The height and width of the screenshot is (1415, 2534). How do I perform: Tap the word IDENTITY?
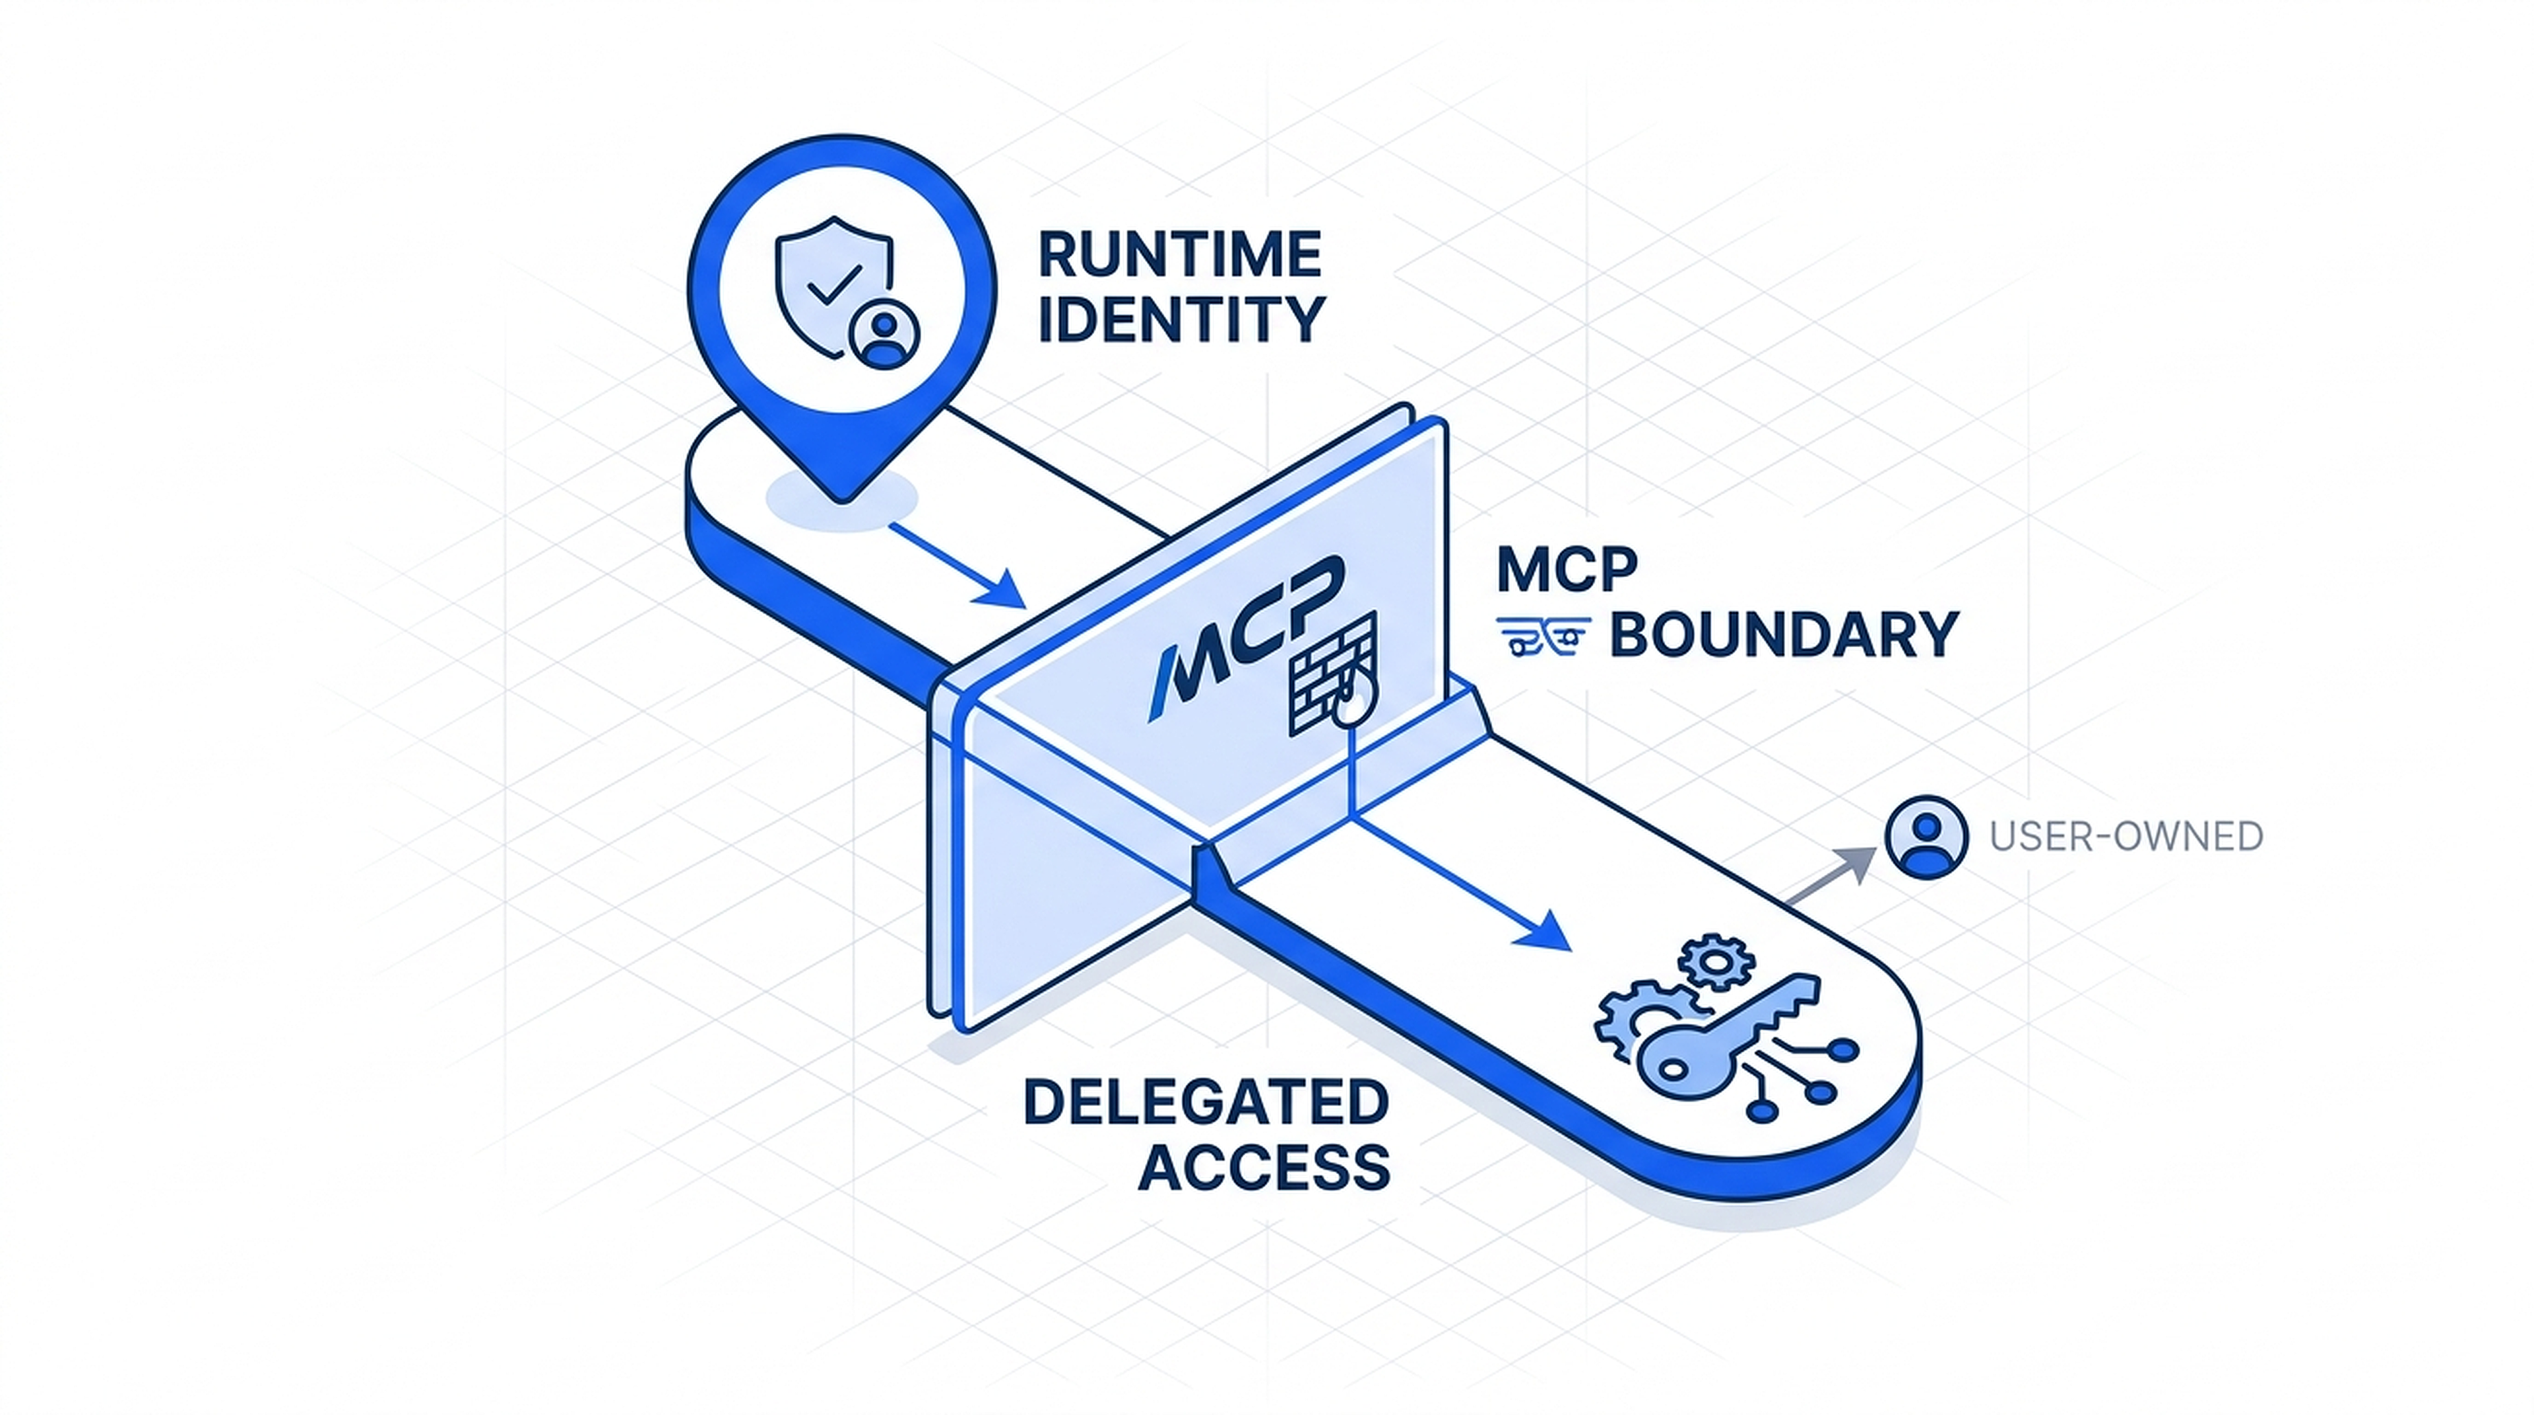point(1181,320)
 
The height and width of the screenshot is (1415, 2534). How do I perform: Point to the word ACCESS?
point(1264,1168)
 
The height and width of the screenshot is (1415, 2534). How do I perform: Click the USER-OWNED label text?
point(2125,837)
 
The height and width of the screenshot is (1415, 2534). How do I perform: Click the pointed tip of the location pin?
point(842,498)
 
